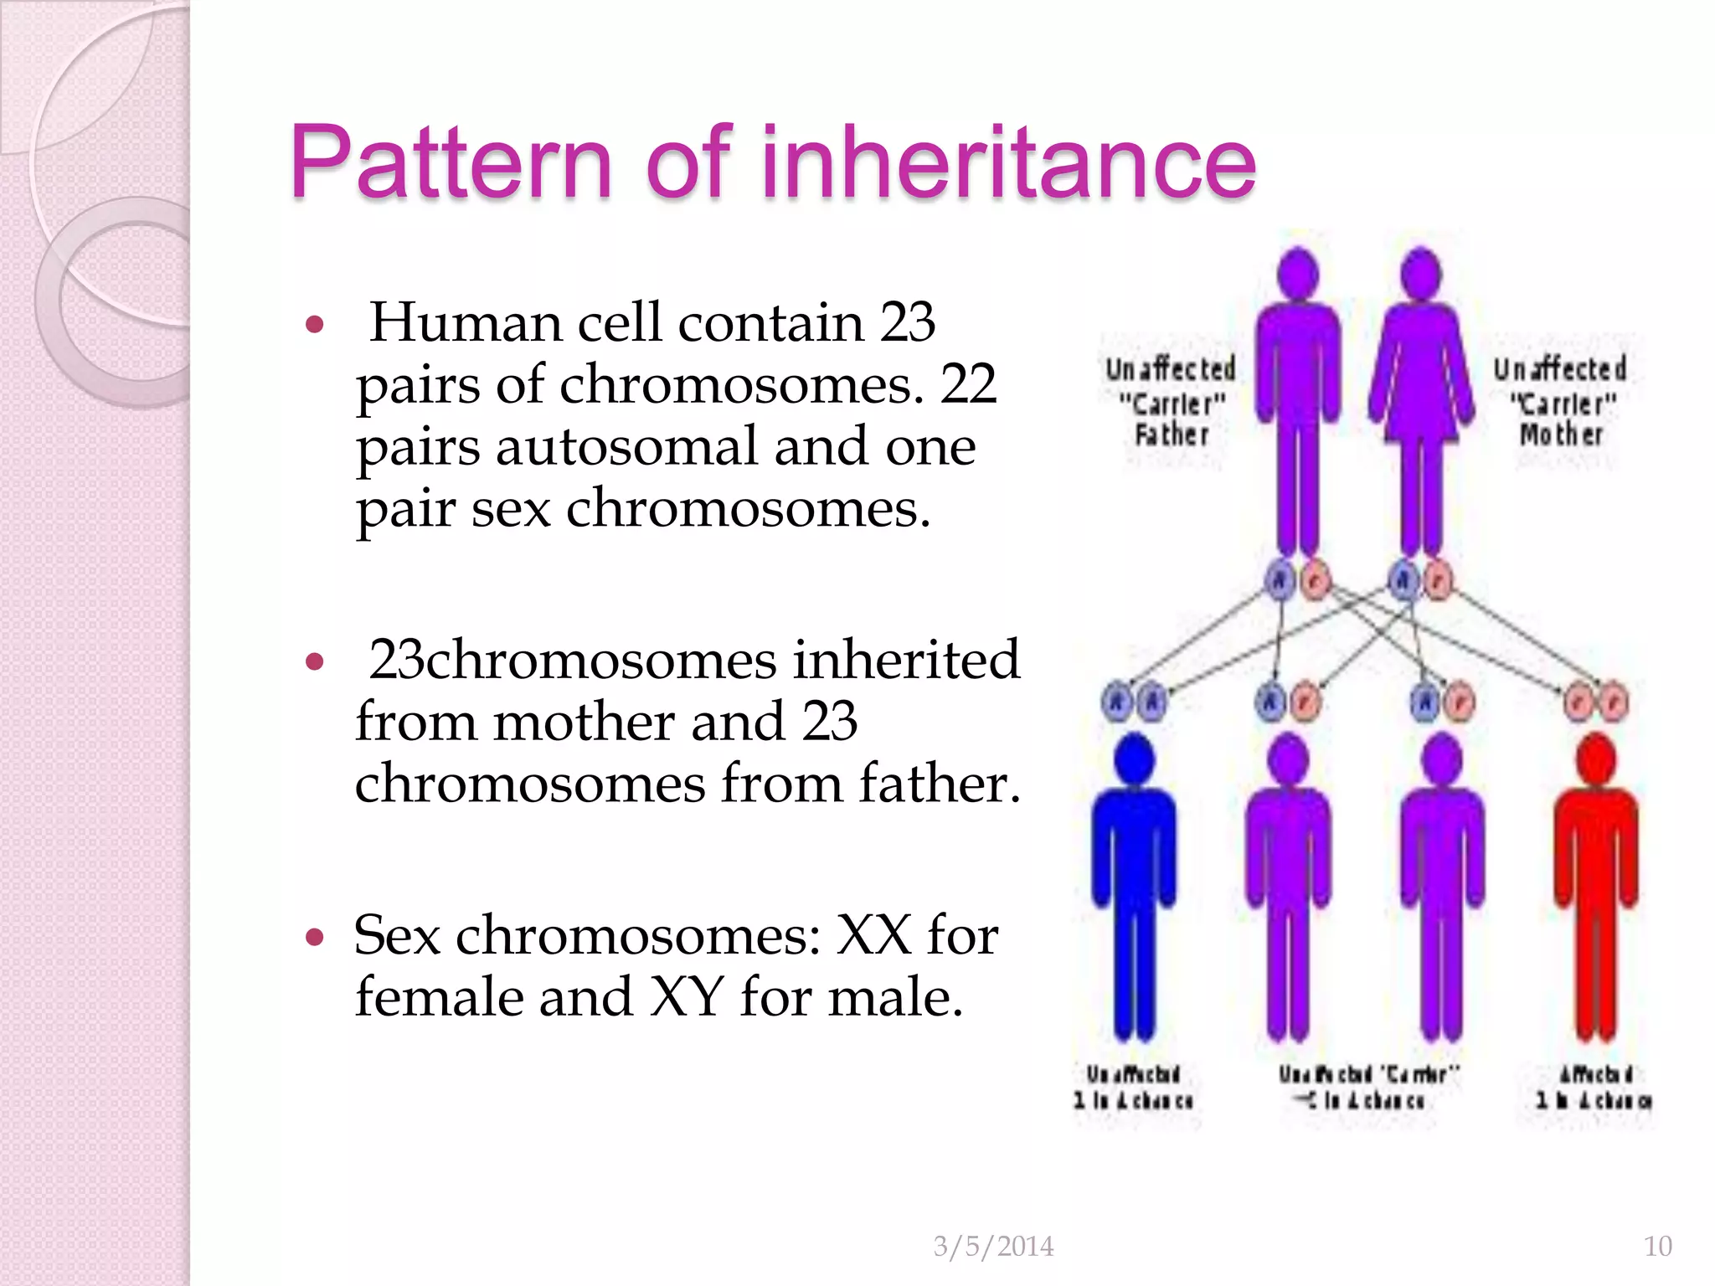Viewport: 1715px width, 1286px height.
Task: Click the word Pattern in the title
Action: [451, 163]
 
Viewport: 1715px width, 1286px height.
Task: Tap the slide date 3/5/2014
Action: [993, 1246]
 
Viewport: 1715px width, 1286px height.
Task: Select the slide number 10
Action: [1657, 1246]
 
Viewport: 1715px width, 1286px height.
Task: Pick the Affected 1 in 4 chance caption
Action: [1594, 1087]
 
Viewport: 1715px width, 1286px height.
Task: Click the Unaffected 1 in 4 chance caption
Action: [1134, 1087]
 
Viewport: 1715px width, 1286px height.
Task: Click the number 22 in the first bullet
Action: [968, 385]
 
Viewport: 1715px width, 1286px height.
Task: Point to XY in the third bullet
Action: [687, 997]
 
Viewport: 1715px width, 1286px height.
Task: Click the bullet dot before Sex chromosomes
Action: [315, 936]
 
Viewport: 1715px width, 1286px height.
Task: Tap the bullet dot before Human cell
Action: [315, 324]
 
